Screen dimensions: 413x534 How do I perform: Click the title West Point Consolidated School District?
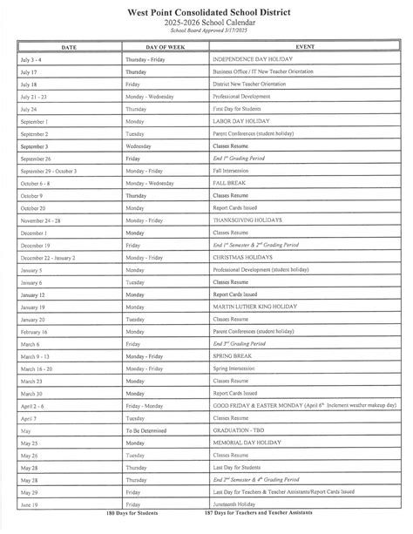[206, 10]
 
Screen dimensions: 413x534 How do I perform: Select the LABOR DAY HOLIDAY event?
[239, 122]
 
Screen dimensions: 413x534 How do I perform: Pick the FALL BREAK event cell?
[230, 185]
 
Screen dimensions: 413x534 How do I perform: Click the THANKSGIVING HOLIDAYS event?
[247, 221]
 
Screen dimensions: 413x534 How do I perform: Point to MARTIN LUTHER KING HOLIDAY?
[257, 307]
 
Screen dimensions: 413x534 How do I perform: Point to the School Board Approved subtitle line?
[206, 29]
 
